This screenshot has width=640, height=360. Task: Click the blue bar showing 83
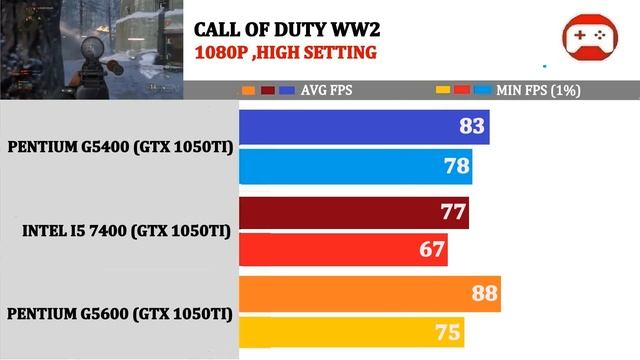coord(364,127)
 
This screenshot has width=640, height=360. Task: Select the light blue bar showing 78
coord(356,167)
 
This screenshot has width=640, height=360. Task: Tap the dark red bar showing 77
coord(354,213)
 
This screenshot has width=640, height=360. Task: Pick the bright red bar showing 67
coord(343,249)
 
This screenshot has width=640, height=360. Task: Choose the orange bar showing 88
coord(370,294)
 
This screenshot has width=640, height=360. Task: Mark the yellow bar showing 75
coord(351,332)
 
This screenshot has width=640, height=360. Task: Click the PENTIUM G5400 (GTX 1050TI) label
coord(120,147)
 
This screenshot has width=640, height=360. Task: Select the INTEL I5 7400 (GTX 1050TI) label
coord(127,231)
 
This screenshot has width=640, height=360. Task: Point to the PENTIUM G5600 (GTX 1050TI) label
coord(120,314)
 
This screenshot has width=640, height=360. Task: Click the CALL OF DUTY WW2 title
coord(287,30)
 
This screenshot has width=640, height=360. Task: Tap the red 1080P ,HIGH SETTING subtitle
coord(286,53)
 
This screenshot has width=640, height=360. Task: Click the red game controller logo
coord(590,37)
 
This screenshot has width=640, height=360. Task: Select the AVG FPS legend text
coord(327,90)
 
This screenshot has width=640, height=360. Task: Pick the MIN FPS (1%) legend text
coord(538,90)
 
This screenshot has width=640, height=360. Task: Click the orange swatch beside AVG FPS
coord(249,90)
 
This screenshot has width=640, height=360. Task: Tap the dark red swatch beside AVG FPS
coord(268,90)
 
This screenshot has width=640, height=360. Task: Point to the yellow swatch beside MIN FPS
coord(443,90)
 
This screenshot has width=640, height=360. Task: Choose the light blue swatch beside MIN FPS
coord(483,90)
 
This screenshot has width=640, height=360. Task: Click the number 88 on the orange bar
coord(484,293)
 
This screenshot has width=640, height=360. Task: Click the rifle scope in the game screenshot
coord(92,48)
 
